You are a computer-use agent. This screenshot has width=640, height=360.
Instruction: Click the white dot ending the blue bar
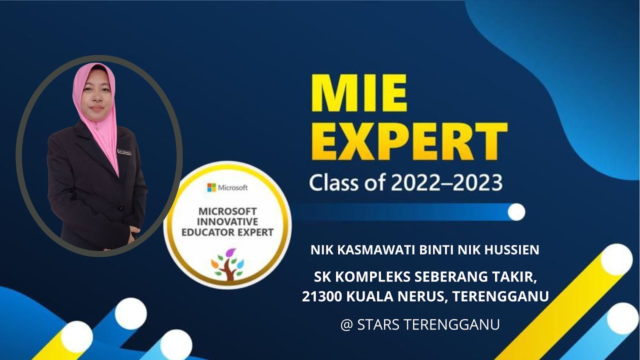pyautogui.click(x=516, y=212)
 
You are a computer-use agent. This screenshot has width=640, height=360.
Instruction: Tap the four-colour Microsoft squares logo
pyautogui.click(x=212, y=187)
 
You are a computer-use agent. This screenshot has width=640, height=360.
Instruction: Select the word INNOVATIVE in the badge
pyautogui.click(x=227, y=221)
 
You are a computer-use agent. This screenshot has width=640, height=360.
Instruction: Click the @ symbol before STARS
pyautogui.click(x=346, y=324)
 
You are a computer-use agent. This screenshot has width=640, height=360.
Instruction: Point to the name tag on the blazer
pyautogui.click(x=124, y=151)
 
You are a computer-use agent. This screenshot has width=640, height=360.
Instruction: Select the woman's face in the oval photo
pyautogui.click(x=96, y=95)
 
